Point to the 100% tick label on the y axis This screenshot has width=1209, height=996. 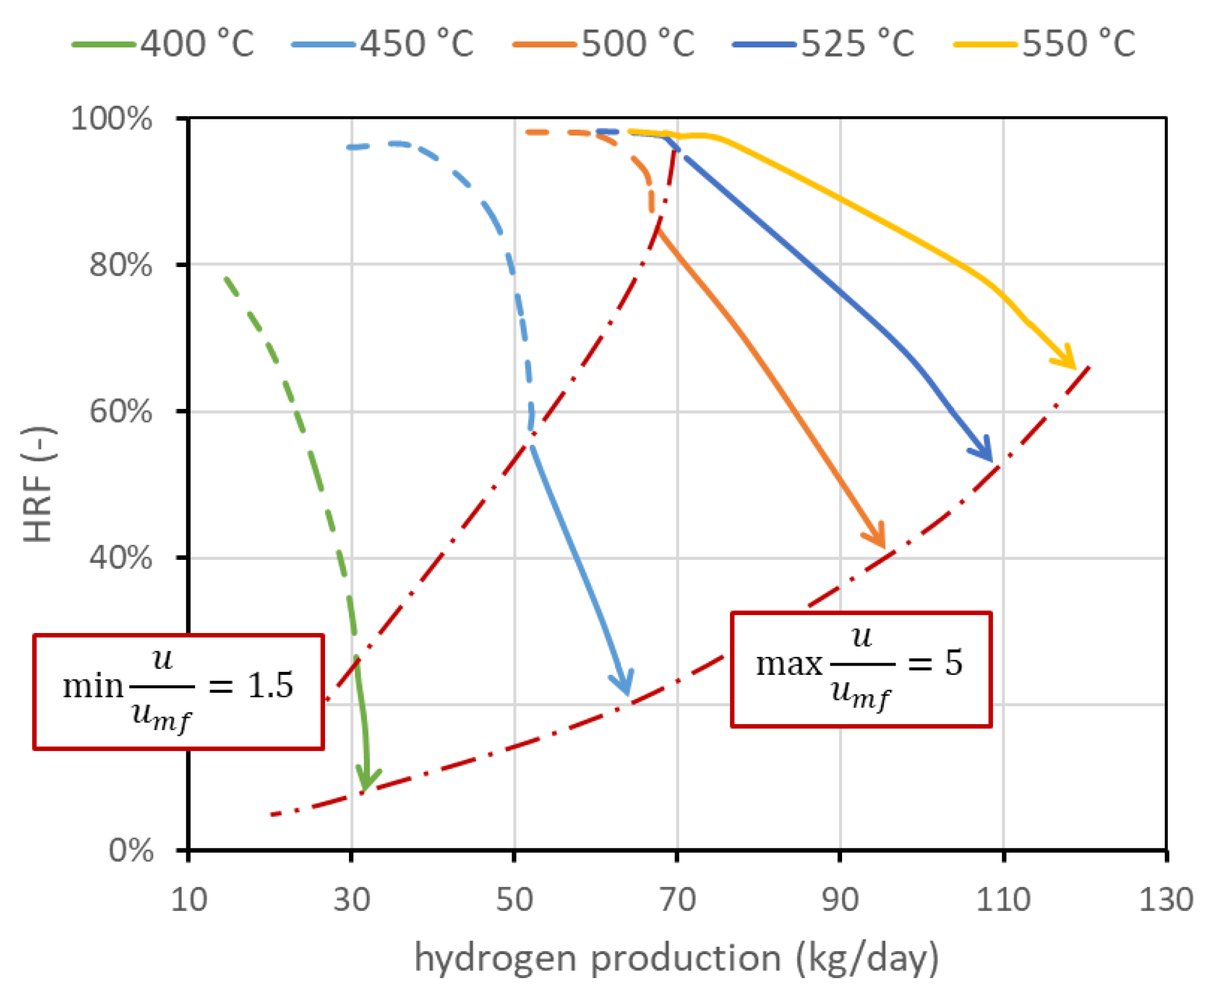click(111, 118)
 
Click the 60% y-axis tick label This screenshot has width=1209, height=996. click(121, 411)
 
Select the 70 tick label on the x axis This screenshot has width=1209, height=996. click(677, 899)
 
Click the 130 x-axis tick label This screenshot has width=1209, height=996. click(1166, 899)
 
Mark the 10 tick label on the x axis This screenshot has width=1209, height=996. click(189, 899)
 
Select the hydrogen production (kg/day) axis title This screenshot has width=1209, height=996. click(677, 958)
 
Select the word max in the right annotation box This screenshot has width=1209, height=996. click(789, 664)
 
